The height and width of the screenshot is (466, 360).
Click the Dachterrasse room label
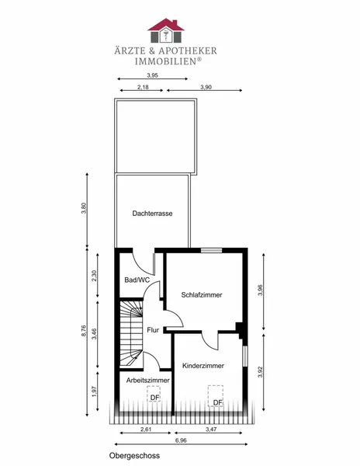152,214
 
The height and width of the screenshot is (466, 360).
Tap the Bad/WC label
137,280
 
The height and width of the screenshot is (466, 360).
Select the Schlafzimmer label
202,295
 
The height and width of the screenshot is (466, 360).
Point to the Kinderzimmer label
203,366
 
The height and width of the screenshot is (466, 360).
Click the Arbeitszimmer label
147,380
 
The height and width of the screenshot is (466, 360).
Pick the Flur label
153,330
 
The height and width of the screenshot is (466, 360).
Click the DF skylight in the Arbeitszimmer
154,394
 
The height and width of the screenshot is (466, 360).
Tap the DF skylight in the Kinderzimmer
216,395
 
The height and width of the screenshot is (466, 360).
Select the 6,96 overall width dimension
181,440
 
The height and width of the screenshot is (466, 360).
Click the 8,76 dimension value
84,331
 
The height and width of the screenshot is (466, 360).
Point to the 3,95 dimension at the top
152,75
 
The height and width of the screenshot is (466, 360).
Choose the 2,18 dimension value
143,87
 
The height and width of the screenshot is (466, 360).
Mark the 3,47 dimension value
211,429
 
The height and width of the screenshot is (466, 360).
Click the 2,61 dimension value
145,429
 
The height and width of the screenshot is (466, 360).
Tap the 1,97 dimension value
95,391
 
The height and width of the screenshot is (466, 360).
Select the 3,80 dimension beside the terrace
84,208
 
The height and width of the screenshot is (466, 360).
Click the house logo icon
165,30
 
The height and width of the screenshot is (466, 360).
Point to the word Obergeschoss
134,456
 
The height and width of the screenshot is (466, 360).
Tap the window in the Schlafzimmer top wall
211,250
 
